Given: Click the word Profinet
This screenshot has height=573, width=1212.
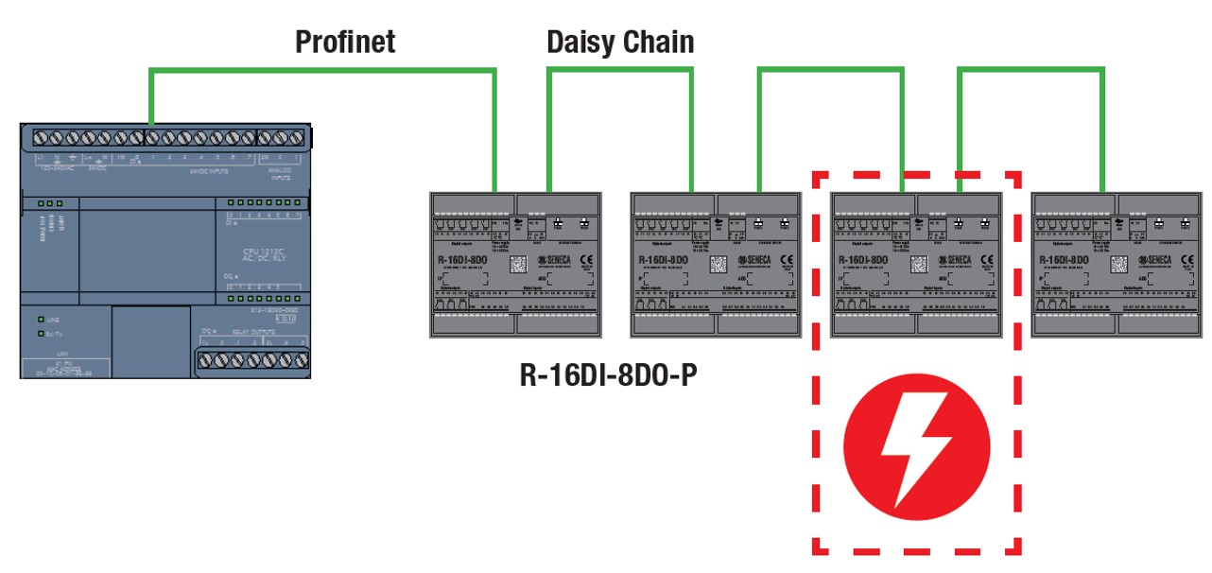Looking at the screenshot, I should tap(345, 42).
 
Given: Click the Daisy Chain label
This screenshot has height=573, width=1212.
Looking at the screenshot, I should tap(620, 42).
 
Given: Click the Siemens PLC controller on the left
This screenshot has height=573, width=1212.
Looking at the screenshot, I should tap(165, 251).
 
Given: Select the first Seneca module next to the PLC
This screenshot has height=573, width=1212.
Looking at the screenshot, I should tap(515, 265).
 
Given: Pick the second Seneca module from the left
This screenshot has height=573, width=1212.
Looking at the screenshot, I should tap(716, 265).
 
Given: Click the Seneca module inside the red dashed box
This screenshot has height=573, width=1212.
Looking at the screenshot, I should tap(915, 265).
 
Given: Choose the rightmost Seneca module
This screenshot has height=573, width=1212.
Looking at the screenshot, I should tap(1116, 265).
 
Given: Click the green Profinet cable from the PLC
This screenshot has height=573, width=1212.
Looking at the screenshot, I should tap(321, 69).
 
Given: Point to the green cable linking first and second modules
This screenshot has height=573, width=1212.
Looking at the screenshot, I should tap(620, 69).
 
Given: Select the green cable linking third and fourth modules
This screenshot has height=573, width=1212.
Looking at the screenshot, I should tap(1031, 69).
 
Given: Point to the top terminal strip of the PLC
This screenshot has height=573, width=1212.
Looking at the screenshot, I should tap(165, 137).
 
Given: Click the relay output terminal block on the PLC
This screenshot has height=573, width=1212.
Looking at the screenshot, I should tap(252, 359).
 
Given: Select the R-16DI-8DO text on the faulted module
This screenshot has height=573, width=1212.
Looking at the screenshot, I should tap(859, 259).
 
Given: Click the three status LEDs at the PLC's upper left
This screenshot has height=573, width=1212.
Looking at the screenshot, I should tap(50, 203).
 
